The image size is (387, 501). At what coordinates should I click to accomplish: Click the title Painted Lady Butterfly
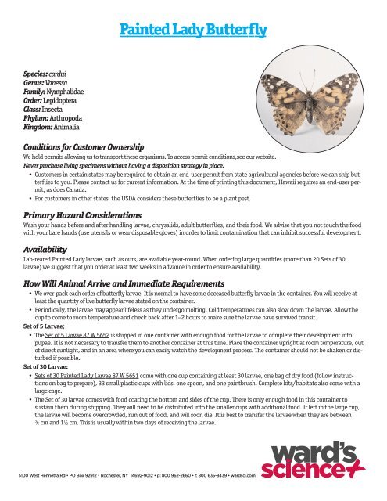(x=193, y=31)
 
